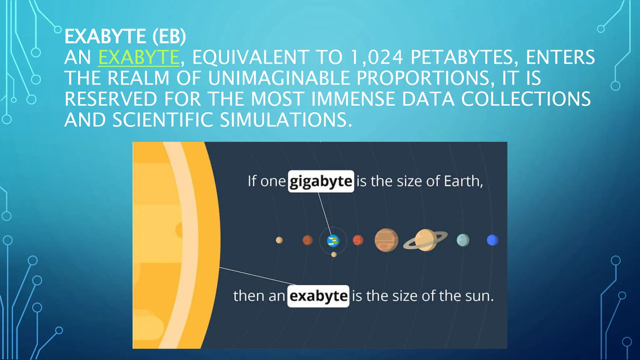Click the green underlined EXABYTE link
[x=139, y=57]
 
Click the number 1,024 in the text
[x=376, y=57]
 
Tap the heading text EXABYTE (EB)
[x=125, y=36]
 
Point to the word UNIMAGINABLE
[x=279, y=78]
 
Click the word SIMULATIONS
[x=286, y=120]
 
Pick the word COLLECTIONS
[x=526, y=99]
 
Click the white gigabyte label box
[x=321, y=181]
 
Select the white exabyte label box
[x=318, y=296]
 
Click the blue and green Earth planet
[x=333, y=241]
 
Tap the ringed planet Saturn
[x=425, y=240]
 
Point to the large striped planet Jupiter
[x=386, y=240]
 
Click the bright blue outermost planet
[x=492, y=240]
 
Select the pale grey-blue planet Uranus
[x=463, y=240]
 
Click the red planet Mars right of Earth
[x=358, y=240]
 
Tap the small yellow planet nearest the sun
[x=279, y=240]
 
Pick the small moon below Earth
[x=334, y=254]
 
